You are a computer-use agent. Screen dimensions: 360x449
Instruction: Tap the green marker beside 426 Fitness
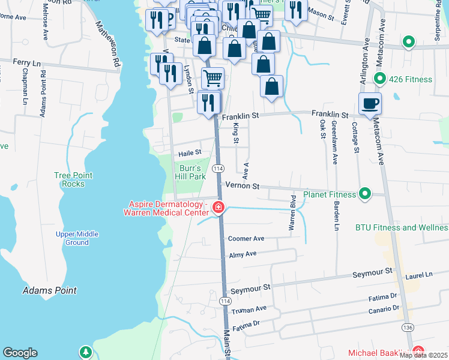(379, 79)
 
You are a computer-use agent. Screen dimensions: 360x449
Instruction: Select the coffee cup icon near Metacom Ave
(370, 103)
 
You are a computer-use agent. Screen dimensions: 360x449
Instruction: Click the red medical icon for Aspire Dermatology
(218, 208)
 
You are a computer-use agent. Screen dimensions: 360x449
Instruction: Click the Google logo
(20, 353)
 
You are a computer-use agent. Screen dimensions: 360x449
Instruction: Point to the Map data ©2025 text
(424, 355)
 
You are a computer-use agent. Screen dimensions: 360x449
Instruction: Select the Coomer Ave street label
(246, 238)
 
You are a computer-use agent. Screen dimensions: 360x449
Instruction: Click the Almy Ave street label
(243, 254)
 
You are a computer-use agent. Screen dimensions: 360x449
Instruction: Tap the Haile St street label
(189, 153)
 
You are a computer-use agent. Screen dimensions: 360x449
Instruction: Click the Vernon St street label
(242, 187)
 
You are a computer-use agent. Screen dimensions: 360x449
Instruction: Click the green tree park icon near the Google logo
(86, 352)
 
